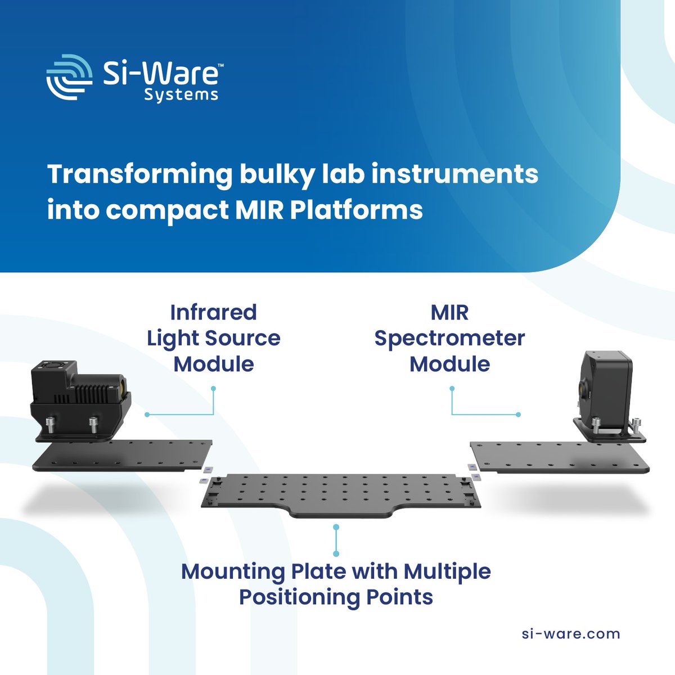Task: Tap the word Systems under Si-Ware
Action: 181,94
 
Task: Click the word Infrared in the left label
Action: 213,312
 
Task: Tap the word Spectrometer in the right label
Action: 449,338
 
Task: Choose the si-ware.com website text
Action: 571,634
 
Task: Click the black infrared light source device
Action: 79,399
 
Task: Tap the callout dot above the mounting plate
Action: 336,527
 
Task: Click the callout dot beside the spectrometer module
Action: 518,415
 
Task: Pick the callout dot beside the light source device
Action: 147,415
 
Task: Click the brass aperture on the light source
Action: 123,386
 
